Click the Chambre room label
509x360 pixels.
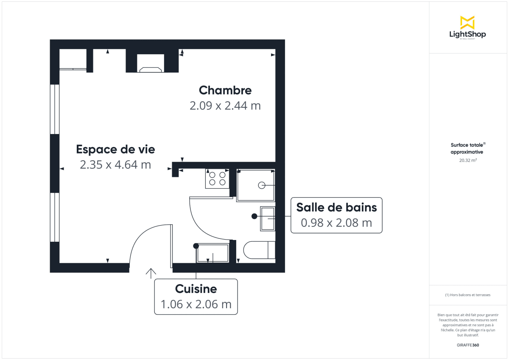(x=225, y=90)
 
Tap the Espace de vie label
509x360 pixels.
(x=115, y=149)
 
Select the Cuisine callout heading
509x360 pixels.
(x=196, y=289)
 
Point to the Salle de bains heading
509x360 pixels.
(x=336, y=207)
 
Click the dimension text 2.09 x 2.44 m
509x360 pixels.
(x=225, y=106)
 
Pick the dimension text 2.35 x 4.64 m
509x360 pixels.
(x=115, y=165)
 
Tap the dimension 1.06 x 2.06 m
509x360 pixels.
(x=196, y=304)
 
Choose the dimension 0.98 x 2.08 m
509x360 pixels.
(x=336, y=222)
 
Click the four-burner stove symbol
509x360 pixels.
(x=217, y=179)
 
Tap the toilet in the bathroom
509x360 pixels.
(x=259, y=250)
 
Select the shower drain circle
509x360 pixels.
(x=262, y=185)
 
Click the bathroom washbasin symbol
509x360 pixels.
(x=268, y=219)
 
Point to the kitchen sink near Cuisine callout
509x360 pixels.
(x=213, y=253)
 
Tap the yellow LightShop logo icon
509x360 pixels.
(x=467, y=22)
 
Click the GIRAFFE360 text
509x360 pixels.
(x=467, y=345)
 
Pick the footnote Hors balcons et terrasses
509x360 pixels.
(x=467, y=295)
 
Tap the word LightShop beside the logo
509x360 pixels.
(x=467, y=34)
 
